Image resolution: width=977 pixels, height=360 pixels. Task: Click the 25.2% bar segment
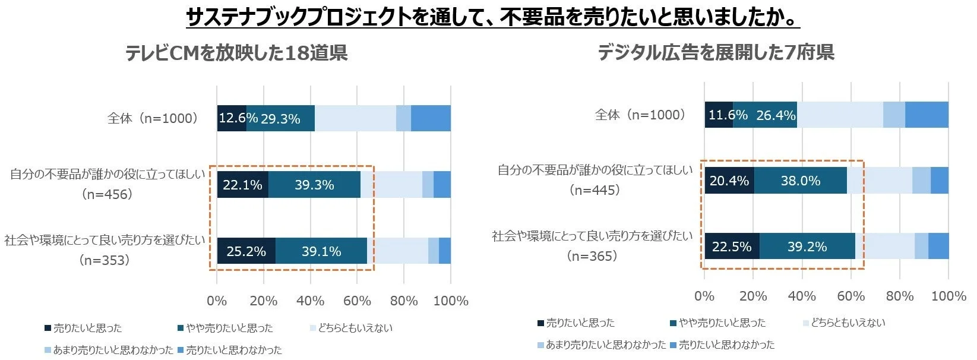coord(246,251)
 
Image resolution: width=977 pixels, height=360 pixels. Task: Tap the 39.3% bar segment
coord(314,185)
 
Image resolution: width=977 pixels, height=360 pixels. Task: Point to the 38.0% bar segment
coord(800,181)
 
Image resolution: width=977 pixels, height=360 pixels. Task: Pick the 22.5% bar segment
coord(732,246)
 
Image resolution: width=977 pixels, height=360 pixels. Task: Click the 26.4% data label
coord(776,115)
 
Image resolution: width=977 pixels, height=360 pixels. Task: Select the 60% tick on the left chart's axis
coord(357,301)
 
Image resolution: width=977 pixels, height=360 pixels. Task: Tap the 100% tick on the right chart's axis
coord(948,296)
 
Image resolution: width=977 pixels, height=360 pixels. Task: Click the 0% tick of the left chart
coord(217,301)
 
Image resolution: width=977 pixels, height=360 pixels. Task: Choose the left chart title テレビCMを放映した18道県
coord(236,53)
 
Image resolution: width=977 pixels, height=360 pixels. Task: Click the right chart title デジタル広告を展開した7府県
coord(716,52)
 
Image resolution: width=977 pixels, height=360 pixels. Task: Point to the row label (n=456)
coord(107,194)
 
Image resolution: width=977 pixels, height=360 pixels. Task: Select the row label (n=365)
coord(592,256)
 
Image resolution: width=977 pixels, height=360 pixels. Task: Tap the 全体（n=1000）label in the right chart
coord(640,115)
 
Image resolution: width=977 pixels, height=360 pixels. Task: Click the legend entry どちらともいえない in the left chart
coord(355,328)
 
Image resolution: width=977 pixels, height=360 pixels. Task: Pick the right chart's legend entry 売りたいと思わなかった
coord(726,345)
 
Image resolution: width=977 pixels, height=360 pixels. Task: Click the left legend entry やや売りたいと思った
coord(229,328)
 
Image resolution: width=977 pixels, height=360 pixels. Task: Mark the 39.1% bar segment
coord(321,251)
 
